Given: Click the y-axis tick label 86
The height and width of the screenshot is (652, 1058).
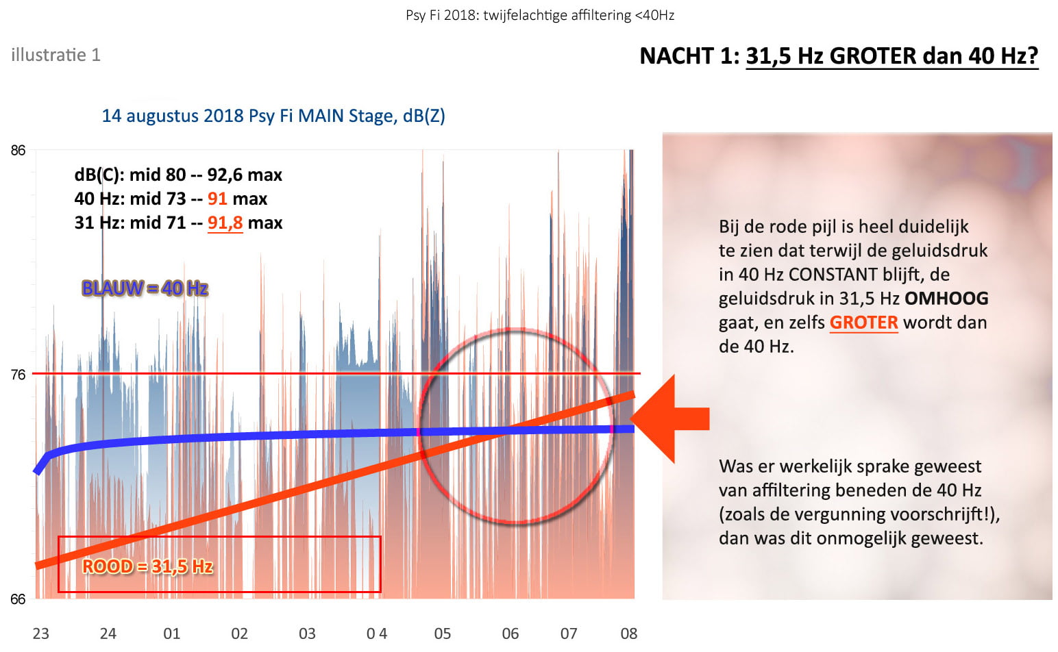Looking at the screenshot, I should (x=18, y=151).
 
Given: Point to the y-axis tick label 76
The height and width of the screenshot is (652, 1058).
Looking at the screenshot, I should (x=18, y=375).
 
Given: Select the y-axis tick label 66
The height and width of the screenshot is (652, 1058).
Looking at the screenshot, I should (x=18, y=599).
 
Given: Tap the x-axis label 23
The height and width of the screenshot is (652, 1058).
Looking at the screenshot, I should (x=40, y=634).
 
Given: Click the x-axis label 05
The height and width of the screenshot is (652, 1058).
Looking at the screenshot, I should (x=443, y=634).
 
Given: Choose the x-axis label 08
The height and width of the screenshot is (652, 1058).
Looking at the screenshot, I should (x=629, y=634).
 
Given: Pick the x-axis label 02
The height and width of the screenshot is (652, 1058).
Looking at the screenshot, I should (x=239, y=634).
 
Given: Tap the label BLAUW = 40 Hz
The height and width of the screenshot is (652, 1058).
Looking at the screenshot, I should (x=145, y=288).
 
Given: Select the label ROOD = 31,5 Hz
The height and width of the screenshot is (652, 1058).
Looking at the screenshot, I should (x=147, y=566).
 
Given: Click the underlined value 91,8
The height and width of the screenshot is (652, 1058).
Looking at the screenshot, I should (x=225, y=223).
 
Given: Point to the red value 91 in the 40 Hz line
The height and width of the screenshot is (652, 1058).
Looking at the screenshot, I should (x=217, y=199).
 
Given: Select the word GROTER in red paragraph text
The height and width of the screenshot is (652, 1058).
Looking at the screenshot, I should (x=863, y=323).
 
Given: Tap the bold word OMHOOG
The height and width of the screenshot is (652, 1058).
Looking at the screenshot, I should (x=946, y=299).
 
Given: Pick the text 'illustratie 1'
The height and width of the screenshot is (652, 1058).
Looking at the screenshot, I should (x=56, y=55).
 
